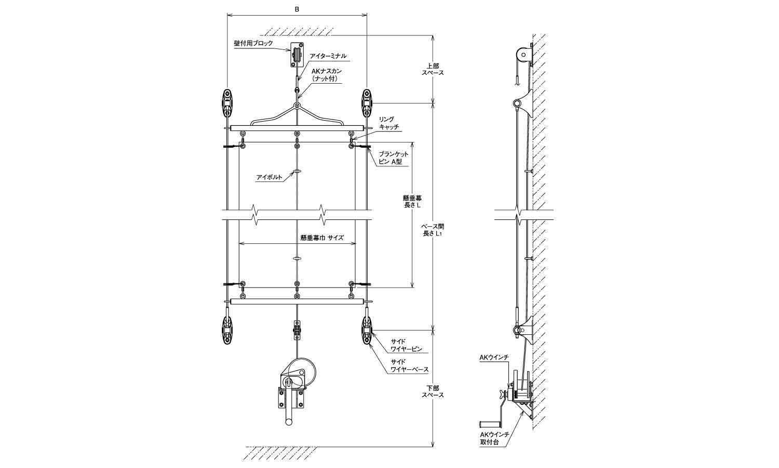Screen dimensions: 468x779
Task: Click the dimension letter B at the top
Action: coord(297,9)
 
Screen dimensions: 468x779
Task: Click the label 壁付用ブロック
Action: coord(260,43)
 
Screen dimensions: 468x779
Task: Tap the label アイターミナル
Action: coord(328,56)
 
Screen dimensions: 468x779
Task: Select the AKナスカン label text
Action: coord(327,74)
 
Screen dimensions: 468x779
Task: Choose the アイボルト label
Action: coord(269,177)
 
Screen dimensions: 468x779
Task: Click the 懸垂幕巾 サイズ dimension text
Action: coord(322,238)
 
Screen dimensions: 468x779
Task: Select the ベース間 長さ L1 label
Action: coord(432,230)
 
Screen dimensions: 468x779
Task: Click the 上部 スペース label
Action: coord(433,70)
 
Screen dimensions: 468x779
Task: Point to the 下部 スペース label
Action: coord(433,392)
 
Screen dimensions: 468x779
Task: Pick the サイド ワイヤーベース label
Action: coord(409,366)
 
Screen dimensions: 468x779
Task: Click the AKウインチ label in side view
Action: coord(493,357)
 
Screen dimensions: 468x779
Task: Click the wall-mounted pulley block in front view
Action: coord(297,55)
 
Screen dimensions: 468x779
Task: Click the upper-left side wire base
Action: coord(227,103)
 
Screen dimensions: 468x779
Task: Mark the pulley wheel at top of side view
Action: coord(521,54)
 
